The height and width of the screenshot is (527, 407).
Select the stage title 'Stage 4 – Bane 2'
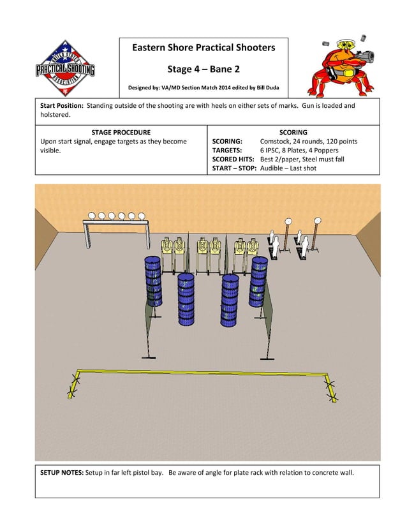tap(204, 68)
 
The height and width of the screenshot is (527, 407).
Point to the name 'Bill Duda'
tap(265, 87)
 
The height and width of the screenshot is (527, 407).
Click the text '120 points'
tap(339, 141)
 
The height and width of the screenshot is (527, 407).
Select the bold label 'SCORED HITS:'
tap(233, 159)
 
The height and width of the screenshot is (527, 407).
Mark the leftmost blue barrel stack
tap(152, 281)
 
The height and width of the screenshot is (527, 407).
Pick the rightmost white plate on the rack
tap(141, 216)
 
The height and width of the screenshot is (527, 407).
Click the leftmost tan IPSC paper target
tap(168, 247)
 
